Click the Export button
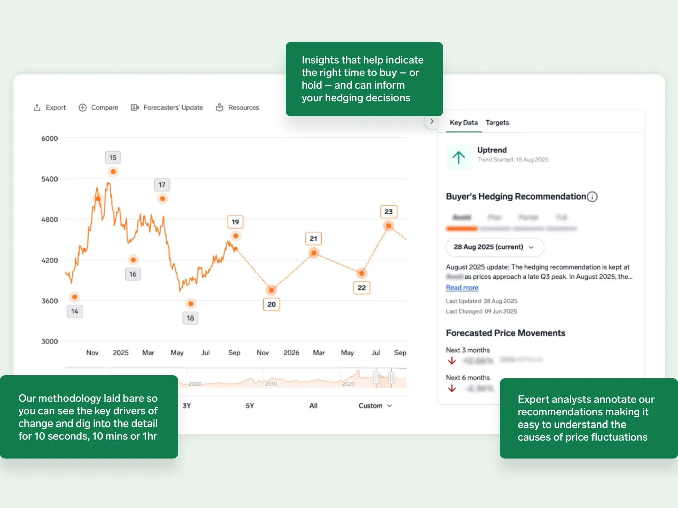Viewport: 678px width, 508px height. point(50,108)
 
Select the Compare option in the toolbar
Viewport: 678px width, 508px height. point(98,108)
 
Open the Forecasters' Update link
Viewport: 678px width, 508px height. point(167,108)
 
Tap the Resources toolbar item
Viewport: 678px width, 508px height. point(238,108)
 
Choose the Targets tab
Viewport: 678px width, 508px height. point(497,123)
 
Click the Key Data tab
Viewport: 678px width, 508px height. point(463,123)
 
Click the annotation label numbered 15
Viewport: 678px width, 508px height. point(113,157)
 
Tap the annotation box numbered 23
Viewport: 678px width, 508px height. point(388,212)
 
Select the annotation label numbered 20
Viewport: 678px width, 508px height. point(271,304)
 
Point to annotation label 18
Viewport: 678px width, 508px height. point(190,318)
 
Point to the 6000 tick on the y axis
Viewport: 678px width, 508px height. point(49,138)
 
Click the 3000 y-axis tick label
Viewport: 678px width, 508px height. point(49,341)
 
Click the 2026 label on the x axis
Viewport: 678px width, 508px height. point(291,353)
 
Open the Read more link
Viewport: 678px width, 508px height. point(462,288)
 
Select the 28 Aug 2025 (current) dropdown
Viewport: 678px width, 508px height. point(494,247)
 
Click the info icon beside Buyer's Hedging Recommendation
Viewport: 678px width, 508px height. point(592,197)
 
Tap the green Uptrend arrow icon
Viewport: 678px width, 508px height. point(459,157)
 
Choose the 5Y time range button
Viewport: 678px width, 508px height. point(250,406)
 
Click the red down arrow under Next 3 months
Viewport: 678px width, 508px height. point(452,361)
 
